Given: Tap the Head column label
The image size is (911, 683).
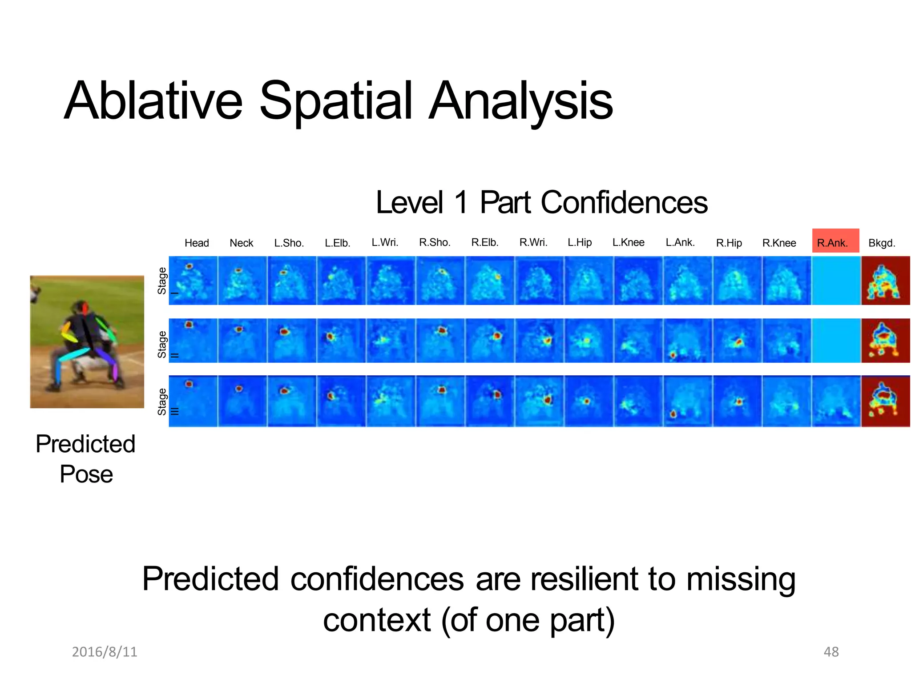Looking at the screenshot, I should pyautogui.click(x=197, y=243).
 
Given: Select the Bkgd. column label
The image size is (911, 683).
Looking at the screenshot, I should pyautogui.click(x=881, y=243).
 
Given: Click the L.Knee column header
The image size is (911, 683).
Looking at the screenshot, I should pyautogui.click(x=628, y=242).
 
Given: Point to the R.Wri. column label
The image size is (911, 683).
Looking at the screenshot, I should pyautogui.click(x=533, y=242).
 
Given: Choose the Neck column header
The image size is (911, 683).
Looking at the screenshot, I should pyautogui.click(x=241, y=243).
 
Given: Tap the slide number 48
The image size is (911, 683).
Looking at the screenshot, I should pyautogui.click(x=831, y=651).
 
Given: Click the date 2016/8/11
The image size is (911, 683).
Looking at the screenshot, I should pyautogui.click(x=105, y=651).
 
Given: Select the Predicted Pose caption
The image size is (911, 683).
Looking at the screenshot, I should pyautogui.click(x=86, y=459).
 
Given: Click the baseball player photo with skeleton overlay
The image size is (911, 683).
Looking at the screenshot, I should pyautogui.click(x=87, y=341).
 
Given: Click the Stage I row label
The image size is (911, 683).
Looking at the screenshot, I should pyautogui.click(x=162, y=281).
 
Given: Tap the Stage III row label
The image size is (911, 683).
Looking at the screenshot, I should pyautogui.click(x=162, y=402).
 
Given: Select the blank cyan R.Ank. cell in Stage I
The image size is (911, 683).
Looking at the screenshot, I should pyautogui.click(x=836, y=281).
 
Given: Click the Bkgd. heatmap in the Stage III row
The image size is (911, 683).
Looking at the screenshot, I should pyautogui.click(x=885, y=401).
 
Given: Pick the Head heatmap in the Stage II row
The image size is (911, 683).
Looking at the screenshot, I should pyautogui.click(x=193, y=341).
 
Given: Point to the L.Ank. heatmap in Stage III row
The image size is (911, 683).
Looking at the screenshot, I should pyautogui.click(x=688, y=401).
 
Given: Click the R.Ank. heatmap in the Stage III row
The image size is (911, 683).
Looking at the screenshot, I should pyautogui.click(x=836, y=401).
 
